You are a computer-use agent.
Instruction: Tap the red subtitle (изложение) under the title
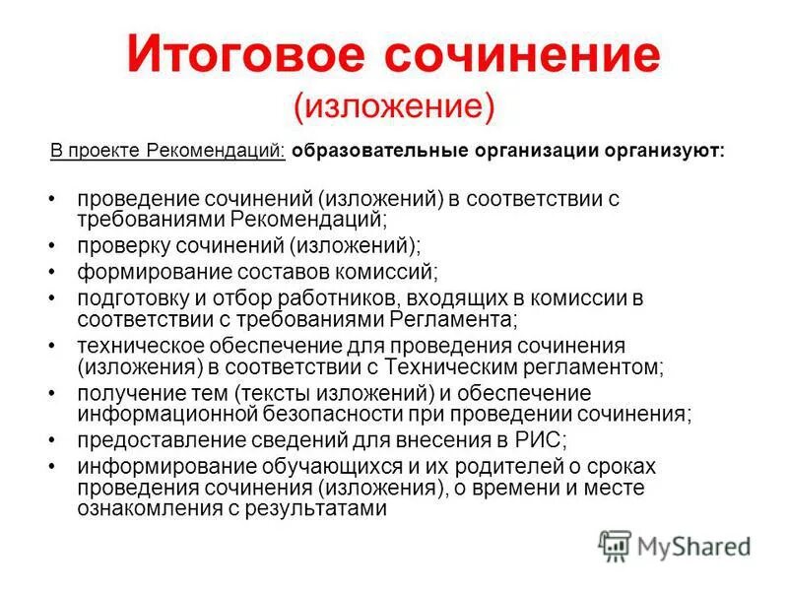394,103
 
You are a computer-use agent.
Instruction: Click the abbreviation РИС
544,440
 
